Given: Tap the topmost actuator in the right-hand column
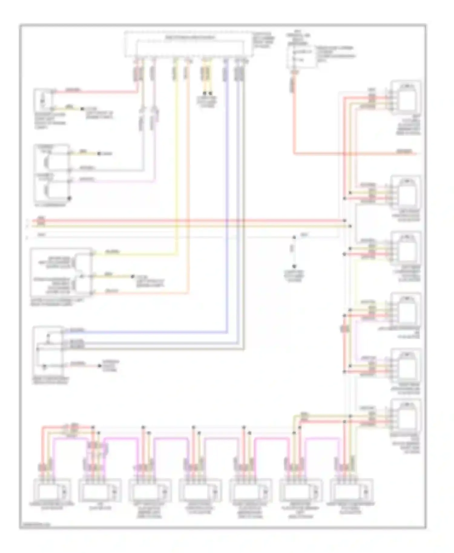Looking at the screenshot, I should (x=406, y=97).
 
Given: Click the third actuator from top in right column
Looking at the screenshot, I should (x=406, y=249).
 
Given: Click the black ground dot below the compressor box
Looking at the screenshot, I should (x=69, y=198).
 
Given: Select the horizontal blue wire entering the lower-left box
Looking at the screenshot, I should (x=145, y=333).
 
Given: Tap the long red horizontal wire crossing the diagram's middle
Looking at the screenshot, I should (x=182, y=221).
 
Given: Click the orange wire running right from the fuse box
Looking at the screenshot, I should (x=348, y=154).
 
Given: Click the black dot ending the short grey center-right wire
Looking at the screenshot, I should (x=294, y=267).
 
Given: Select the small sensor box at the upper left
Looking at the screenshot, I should (x=43, y=99).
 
